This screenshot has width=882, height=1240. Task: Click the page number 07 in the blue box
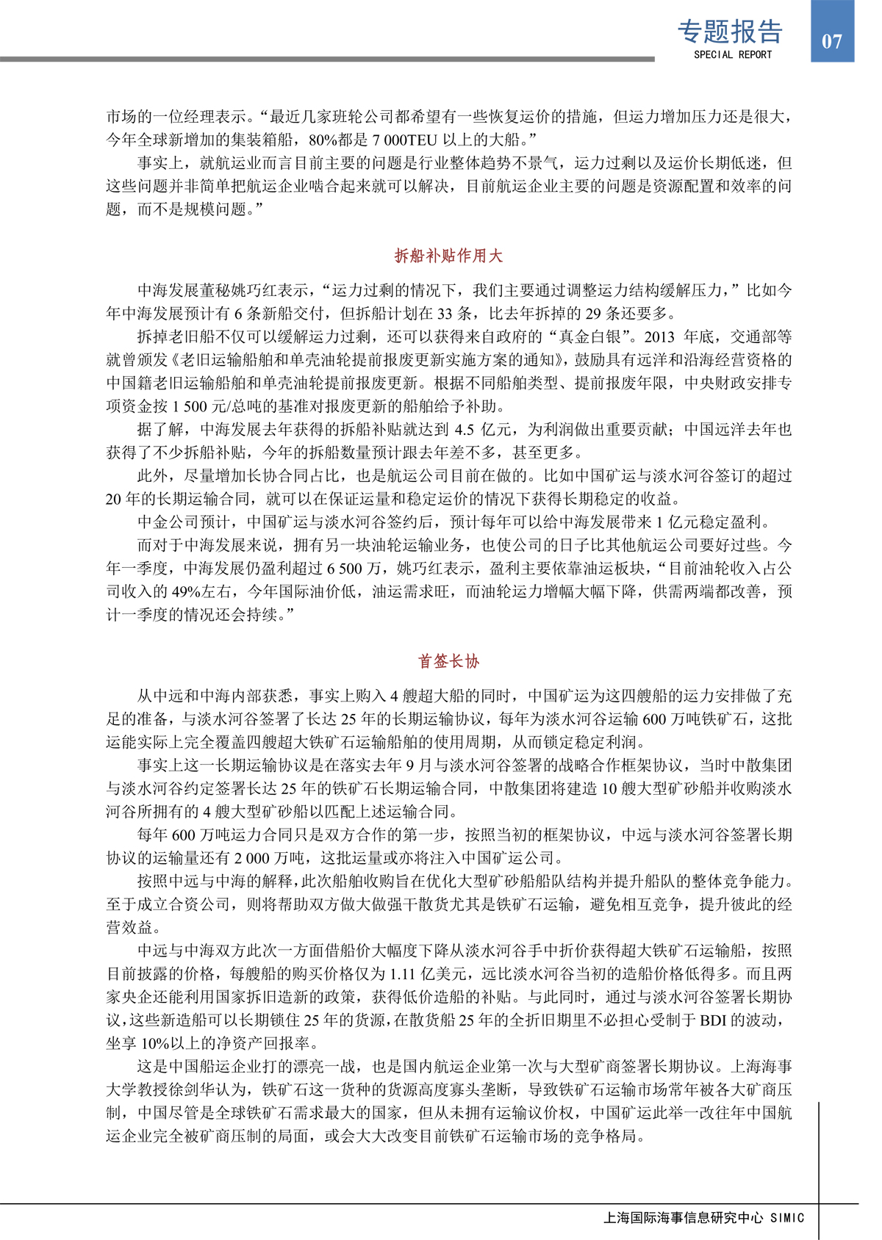(831, 41)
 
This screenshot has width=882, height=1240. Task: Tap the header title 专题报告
(730, 32)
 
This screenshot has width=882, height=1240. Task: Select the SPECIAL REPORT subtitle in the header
(733, 54)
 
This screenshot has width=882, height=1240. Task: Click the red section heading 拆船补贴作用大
(448, 256)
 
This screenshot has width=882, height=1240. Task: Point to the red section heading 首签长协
(448, 661)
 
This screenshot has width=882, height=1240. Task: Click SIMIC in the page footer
(787, 1217)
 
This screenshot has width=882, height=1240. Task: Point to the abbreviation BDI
(713, 1020)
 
